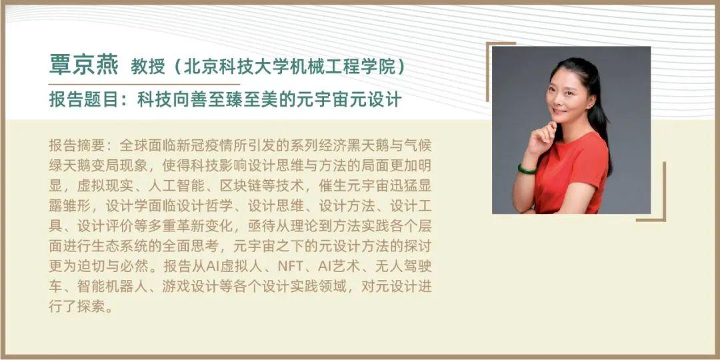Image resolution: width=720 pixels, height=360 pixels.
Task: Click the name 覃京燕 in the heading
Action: [83, 65]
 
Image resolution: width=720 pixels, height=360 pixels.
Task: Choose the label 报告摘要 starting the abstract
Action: [77, 145]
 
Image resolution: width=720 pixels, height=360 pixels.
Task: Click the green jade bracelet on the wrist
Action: [526, 169]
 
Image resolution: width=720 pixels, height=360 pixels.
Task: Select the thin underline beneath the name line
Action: [144, 84]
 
